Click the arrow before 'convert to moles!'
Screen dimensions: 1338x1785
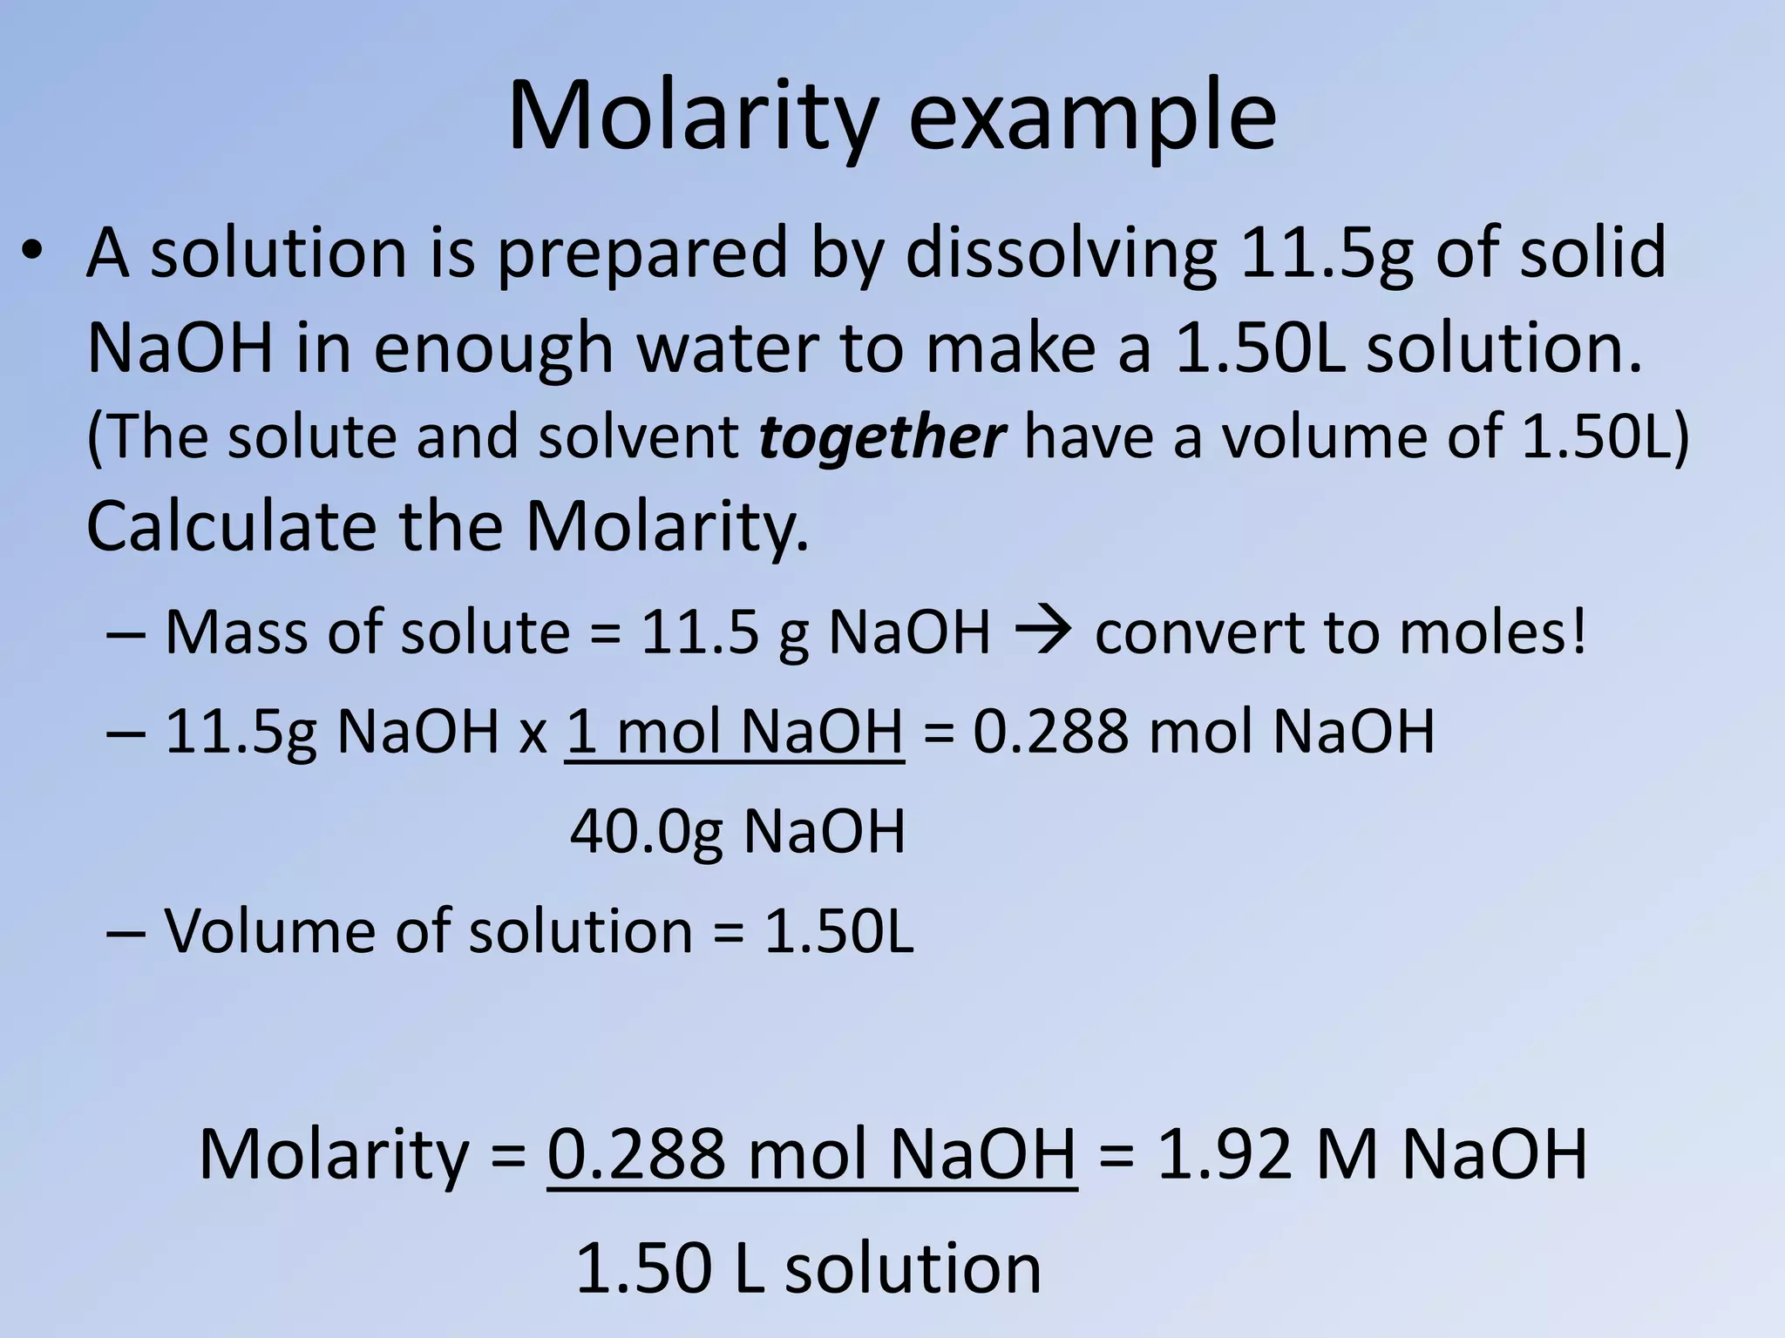coord(1042,632)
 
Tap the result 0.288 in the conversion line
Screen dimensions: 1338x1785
coord(1050,731)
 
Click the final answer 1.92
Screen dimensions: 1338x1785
coord(1223,1154)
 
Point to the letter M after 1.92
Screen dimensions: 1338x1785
coord(1347,1154)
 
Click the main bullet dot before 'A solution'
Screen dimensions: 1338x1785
coord(33,253)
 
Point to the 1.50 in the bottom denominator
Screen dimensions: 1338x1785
coord(644,1267)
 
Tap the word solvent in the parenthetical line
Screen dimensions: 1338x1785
coord(638,436)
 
